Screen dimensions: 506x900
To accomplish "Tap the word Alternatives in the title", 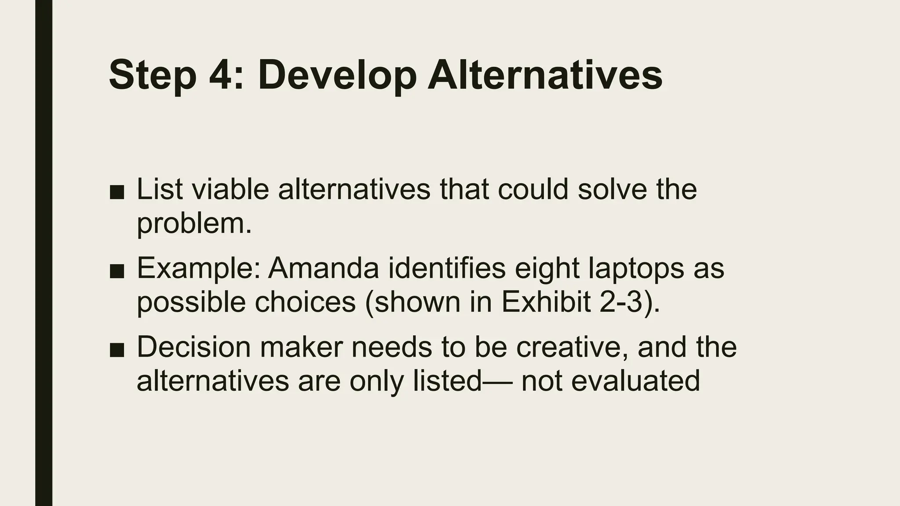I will (x=545, y=76).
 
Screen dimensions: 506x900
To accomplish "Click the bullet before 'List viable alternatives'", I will (x=117, y=192).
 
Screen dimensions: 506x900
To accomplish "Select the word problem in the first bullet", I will (x=194, y=224).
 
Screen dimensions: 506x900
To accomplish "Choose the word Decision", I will (x=194, y=347).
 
